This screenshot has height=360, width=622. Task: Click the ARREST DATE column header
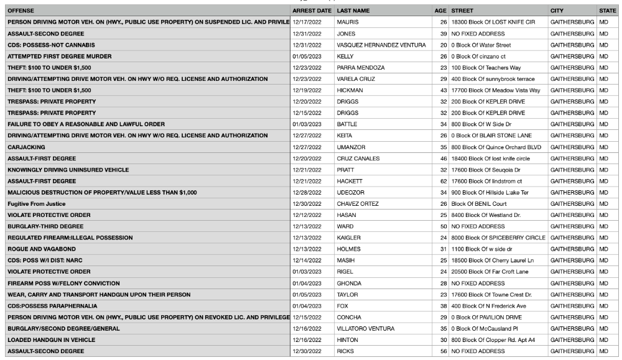311,11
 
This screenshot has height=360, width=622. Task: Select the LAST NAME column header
353,11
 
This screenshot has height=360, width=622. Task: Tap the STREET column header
462,11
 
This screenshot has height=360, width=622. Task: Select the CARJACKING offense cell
24,147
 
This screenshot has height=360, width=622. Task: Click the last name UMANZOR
350,147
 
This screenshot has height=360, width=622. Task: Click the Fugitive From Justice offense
36,204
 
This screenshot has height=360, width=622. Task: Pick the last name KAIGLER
348,238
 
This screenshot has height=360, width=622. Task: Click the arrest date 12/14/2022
307,261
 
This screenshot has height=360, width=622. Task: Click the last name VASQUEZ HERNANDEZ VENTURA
381,45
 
